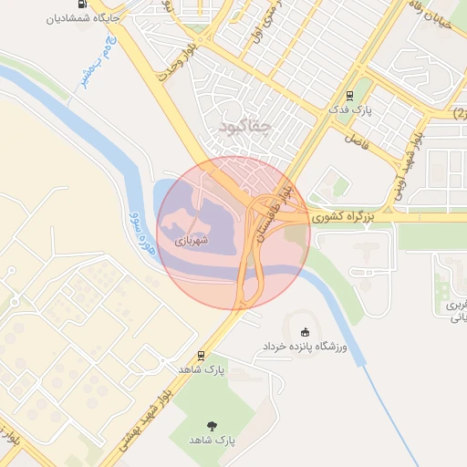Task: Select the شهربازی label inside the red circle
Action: click(192, 241)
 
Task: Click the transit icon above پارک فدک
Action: click(349, 95)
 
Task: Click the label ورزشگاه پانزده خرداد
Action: click(306, 348)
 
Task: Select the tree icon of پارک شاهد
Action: click(213, 424)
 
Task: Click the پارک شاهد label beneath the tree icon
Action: click(213, 440)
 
